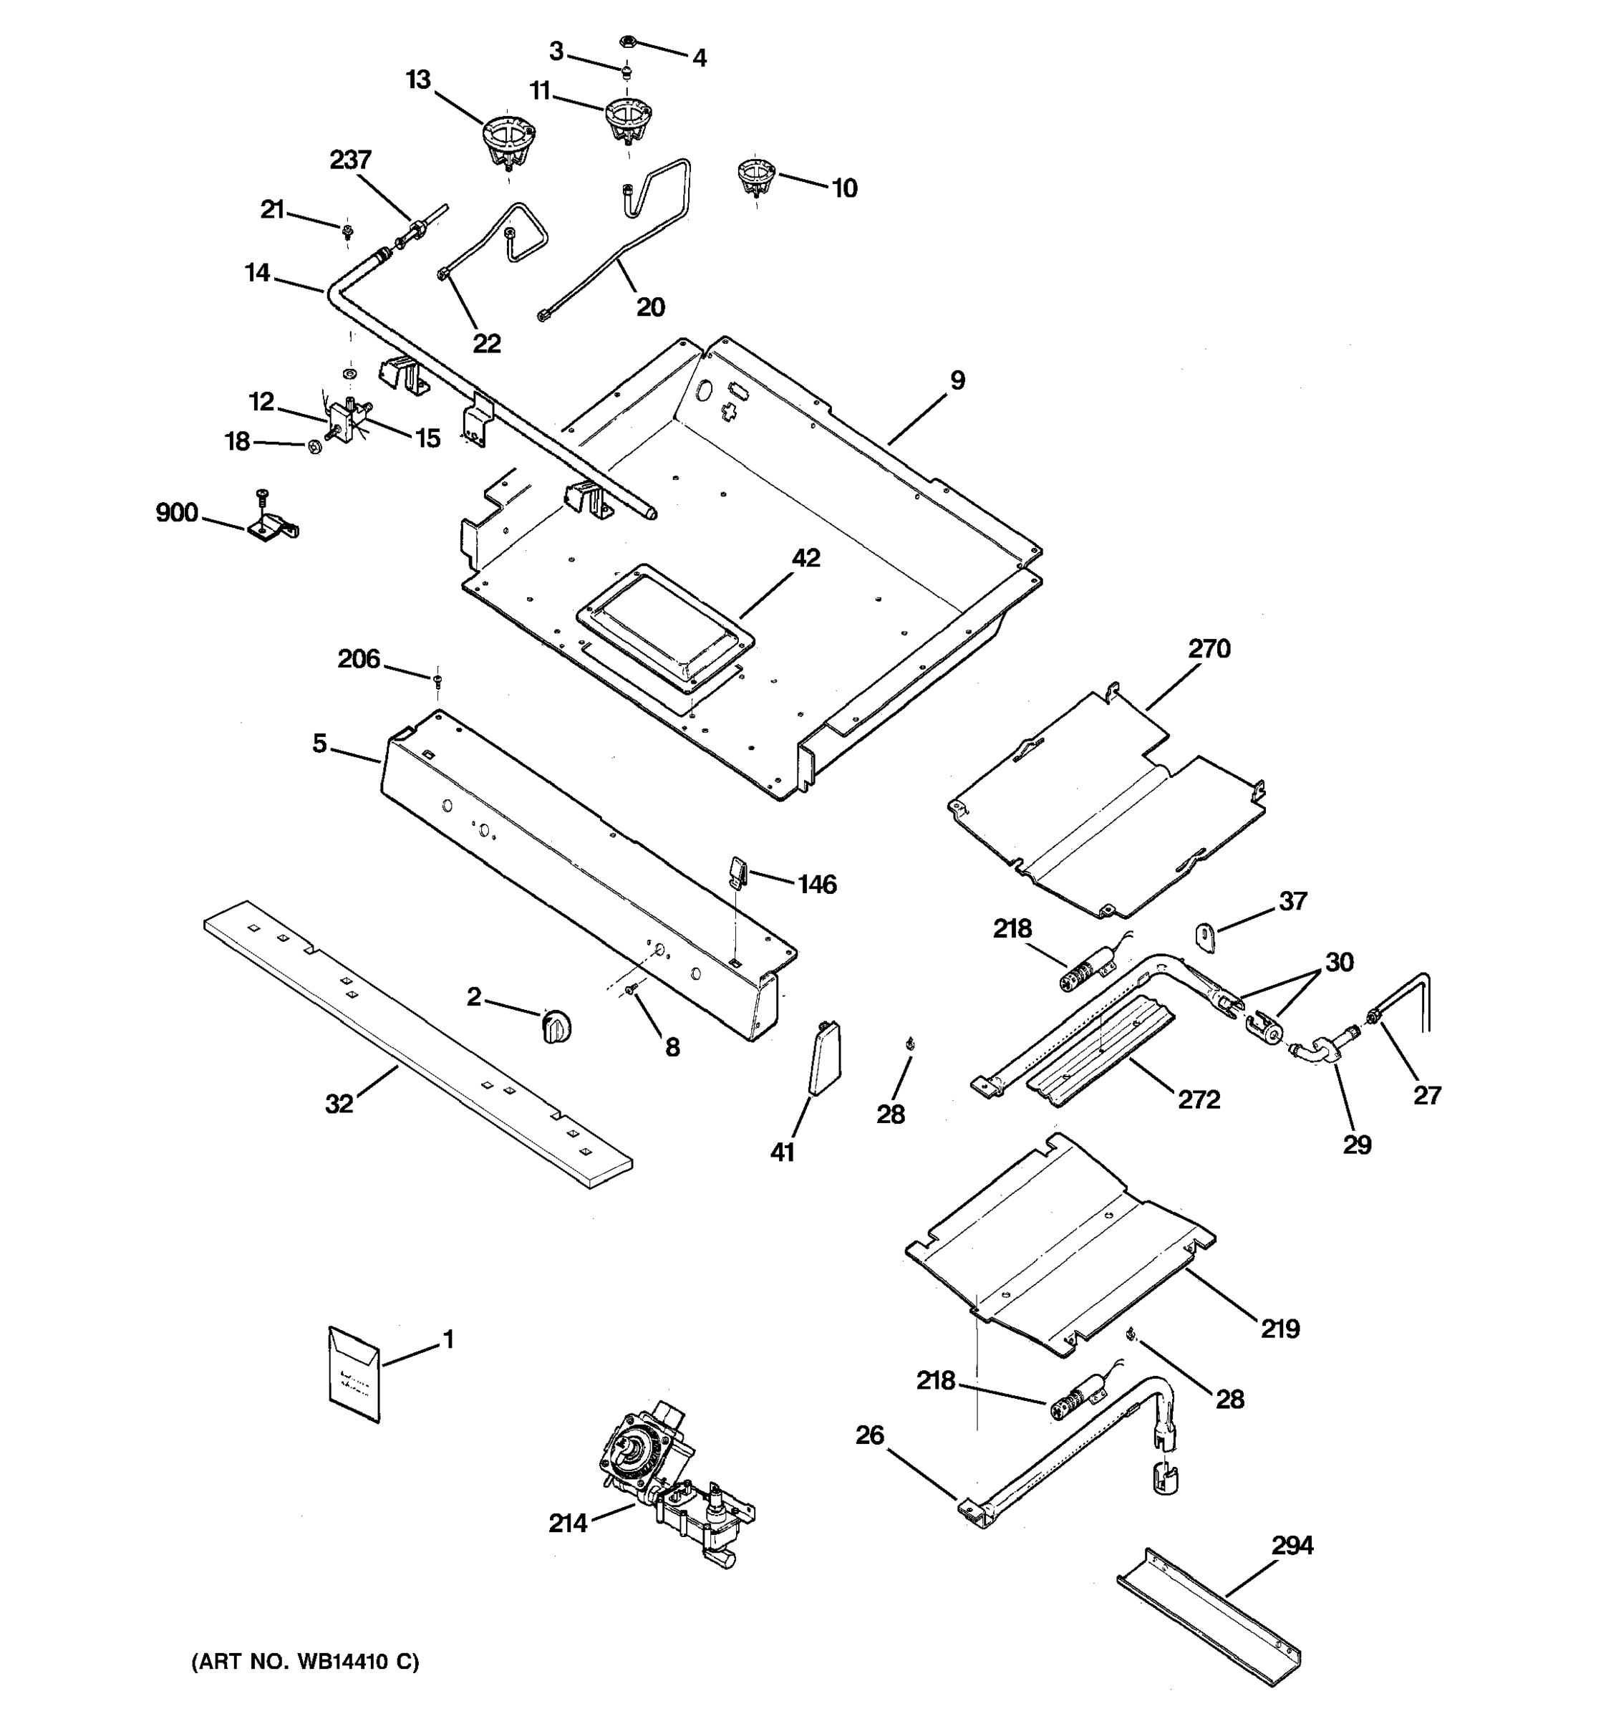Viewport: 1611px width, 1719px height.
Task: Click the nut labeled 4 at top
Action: point(629,41)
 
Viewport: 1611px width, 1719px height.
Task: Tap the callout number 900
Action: point(177,513)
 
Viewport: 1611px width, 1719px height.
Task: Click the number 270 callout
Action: point(1209,648)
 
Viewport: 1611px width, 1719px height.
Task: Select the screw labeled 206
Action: point(437,681)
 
